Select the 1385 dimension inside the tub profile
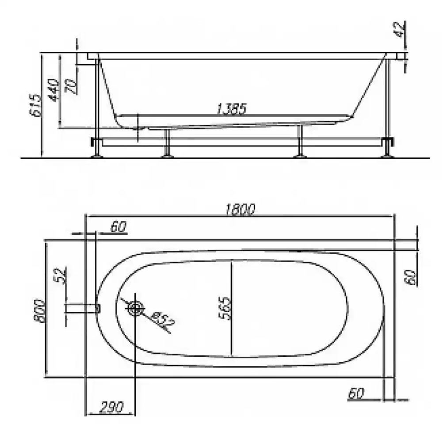tap(231, 109)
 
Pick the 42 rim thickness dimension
tap(401, 30)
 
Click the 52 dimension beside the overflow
tap(61, 276)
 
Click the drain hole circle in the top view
tap(135, 308)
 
